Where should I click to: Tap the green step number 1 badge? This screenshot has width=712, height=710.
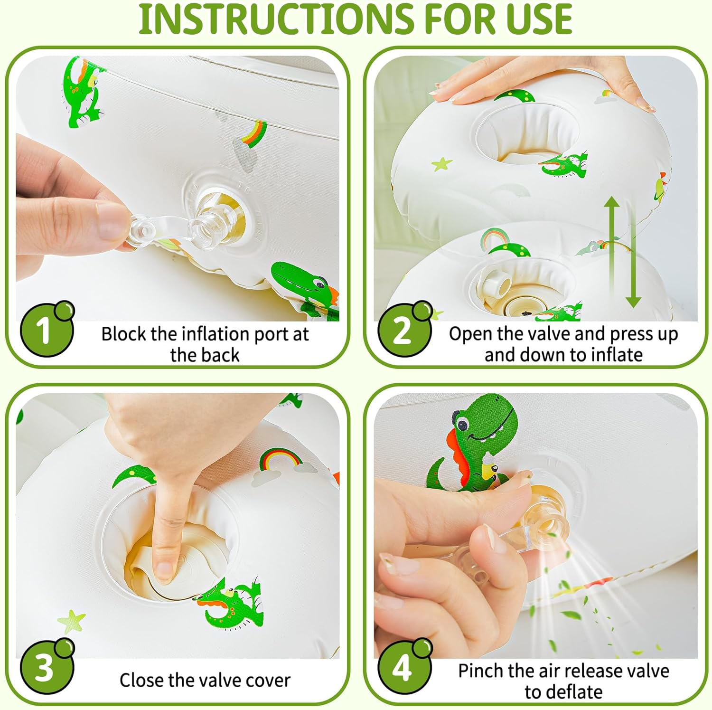coord(47,329)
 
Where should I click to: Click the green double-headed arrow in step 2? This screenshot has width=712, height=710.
coord(622,252)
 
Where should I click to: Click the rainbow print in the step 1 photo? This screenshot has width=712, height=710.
coord(254,133)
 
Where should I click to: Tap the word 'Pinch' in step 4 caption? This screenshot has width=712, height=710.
coord(480,671)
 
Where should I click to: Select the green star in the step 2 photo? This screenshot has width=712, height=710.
coord(442,164)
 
